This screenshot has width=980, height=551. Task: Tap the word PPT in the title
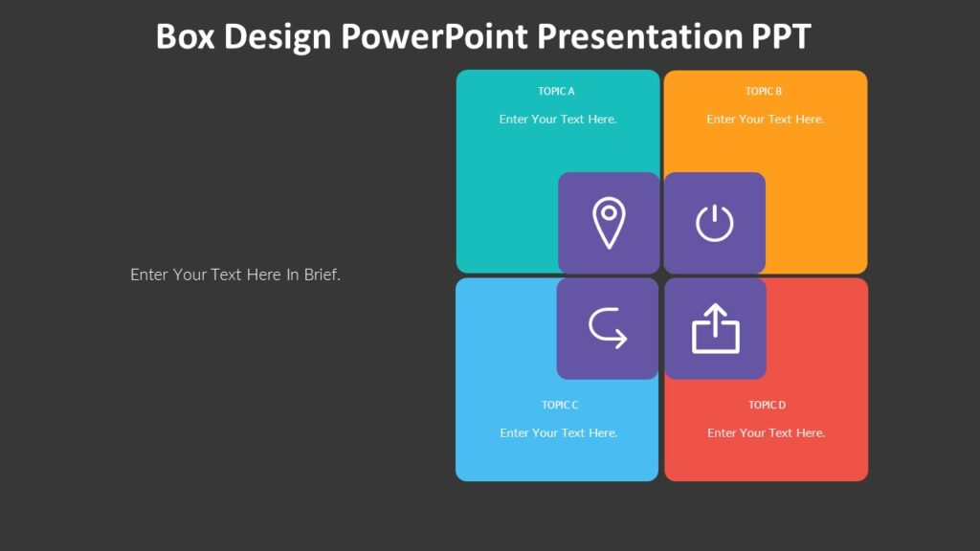(776, 36)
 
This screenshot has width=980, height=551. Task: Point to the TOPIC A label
(556, 92)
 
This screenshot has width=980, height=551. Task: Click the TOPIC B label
(764, 92)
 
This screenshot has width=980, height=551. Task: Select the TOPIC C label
(560, 405)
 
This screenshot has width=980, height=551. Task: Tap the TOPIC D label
(767, 405)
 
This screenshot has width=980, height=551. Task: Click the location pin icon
(609, 223)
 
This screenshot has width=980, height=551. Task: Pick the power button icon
(714, 223)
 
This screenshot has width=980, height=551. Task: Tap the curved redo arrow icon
(608, 328)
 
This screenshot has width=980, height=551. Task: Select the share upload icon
(715, 328)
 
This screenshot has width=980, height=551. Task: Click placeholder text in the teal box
(558, 120)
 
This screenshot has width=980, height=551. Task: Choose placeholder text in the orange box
(765, 120)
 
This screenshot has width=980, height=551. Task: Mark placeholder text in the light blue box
(558, 433)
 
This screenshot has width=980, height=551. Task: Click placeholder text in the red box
(766, 433)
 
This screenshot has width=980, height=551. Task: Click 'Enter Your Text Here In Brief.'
(235, 275)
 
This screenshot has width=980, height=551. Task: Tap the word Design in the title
(278, 36)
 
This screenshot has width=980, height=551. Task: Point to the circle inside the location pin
(609, 213)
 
